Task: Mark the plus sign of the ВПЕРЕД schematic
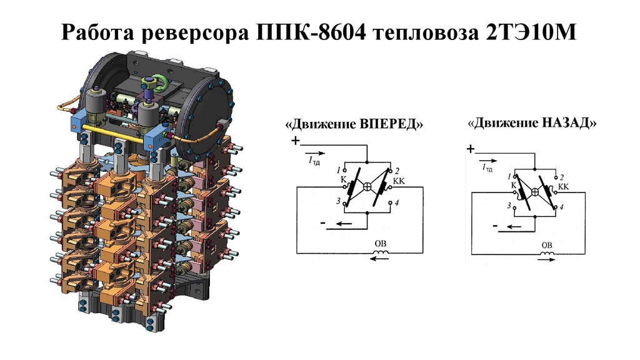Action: coord(295,142)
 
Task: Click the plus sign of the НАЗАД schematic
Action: coord(470,149)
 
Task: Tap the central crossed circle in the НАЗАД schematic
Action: coord(535,192)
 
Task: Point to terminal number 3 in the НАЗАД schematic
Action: coord(509,205)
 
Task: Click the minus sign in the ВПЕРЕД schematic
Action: coord(321,222)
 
